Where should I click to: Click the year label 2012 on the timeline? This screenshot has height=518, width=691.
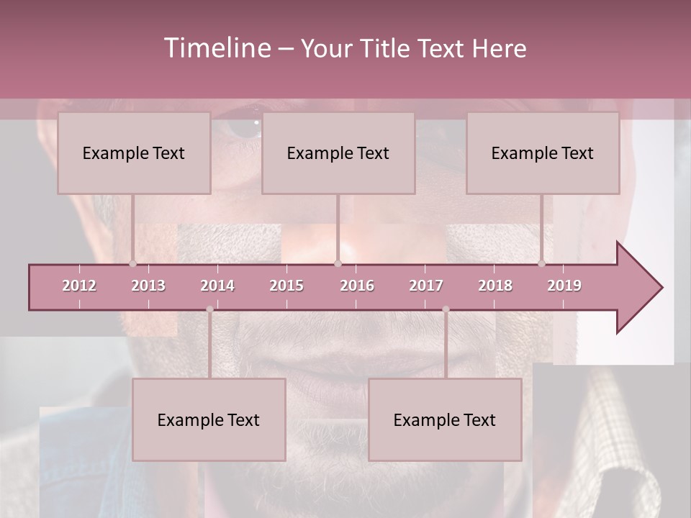79,286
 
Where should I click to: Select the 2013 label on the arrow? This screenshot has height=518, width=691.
148,286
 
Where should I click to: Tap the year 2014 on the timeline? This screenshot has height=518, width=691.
217,286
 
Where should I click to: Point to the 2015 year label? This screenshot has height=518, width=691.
286,286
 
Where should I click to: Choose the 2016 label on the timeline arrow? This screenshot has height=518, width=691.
357,286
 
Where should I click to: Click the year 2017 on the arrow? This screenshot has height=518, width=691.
426,286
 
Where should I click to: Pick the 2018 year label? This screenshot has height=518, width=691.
495,286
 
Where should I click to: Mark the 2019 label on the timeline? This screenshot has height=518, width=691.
564,286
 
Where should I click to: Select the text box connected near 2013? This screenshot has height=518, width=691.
134,153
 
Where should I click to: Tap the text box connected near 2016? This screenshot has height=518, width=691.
338,153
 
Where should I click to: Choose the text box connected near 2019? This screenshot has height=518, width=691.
543,153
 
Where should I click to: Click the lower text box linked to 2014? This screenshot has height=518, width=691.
209,420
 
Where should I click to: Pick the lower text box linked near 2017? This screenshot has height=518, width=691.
445,420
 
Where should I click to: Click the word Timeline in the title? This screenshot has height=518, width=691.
217,48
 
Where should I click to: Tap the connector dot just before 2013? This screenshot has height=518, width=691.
132,263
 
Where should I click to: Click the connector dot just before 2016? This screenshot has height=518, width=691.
338,263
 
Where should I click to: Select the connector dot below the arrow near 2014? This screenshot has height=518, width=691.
209,309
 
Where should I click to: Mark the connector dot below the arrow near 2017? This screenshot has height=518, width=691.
446,309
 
